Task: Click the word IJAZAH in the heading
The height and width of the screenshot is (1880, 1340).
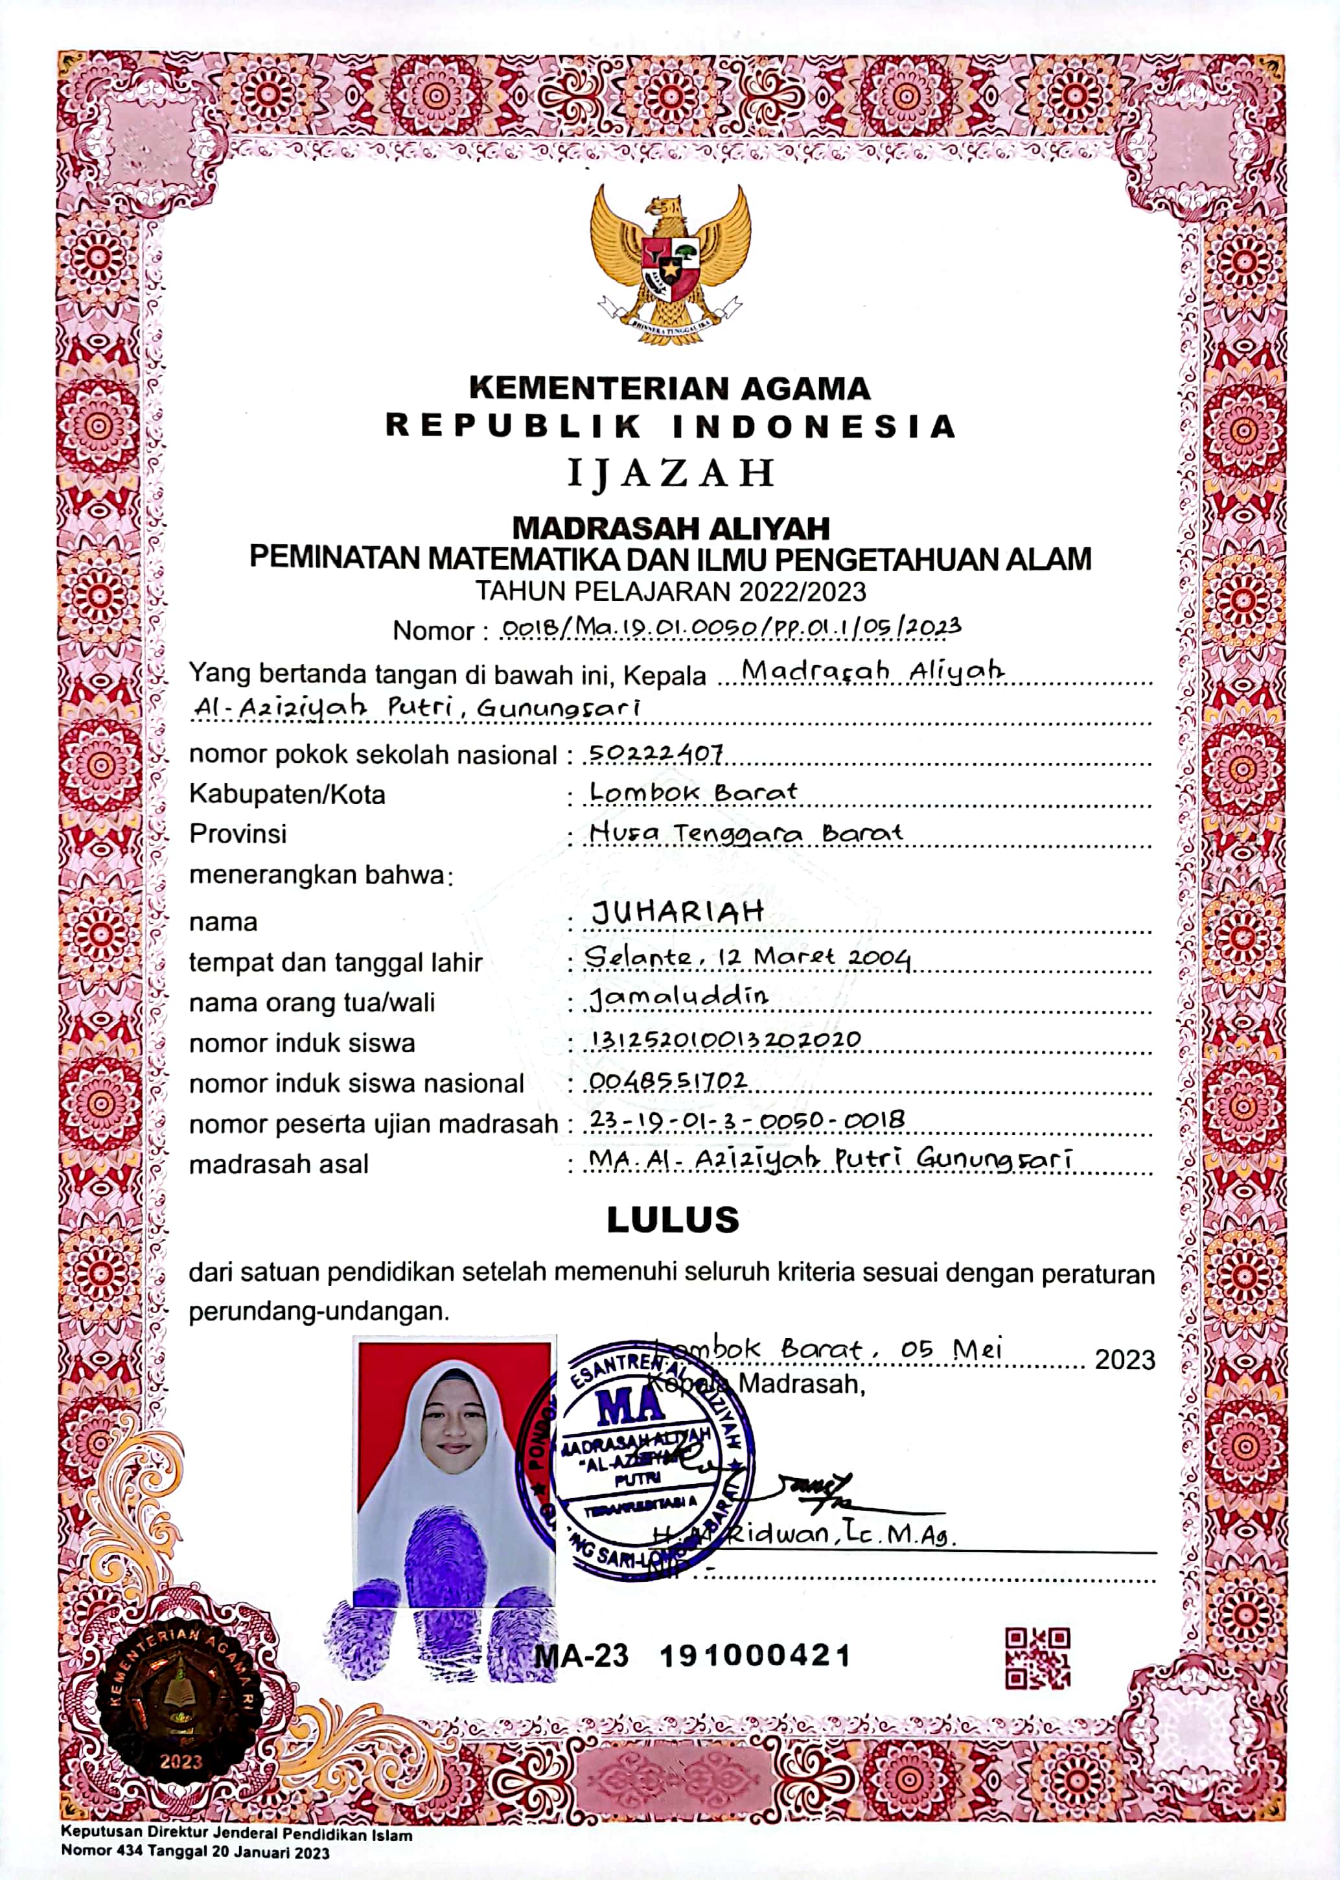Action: click(671, 474)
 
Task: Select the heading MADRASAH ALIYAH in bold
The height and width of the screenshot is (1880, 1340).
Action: click(671, 527)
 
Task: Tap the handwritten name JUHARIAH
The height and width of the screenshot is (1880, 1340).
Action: click(677, 913)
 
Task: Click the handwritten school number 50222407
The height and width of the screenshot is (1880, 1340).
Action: click(656, 753)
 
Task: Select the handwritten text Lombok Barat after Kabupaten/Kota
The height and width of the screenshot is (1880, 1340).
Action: click(693, 792)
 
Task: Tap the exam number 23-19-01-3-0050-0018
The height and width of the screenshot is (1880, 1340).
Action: click(746, 1120)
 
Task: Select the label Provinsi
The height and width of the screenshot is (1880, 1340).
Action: click(238, 834)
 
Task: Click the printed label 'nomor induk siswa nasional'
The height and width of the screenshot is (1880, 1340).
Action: click(356, 1084)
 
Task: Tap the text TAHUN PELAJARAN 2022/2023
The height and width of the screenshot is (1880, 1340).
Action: click(671, 591)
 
